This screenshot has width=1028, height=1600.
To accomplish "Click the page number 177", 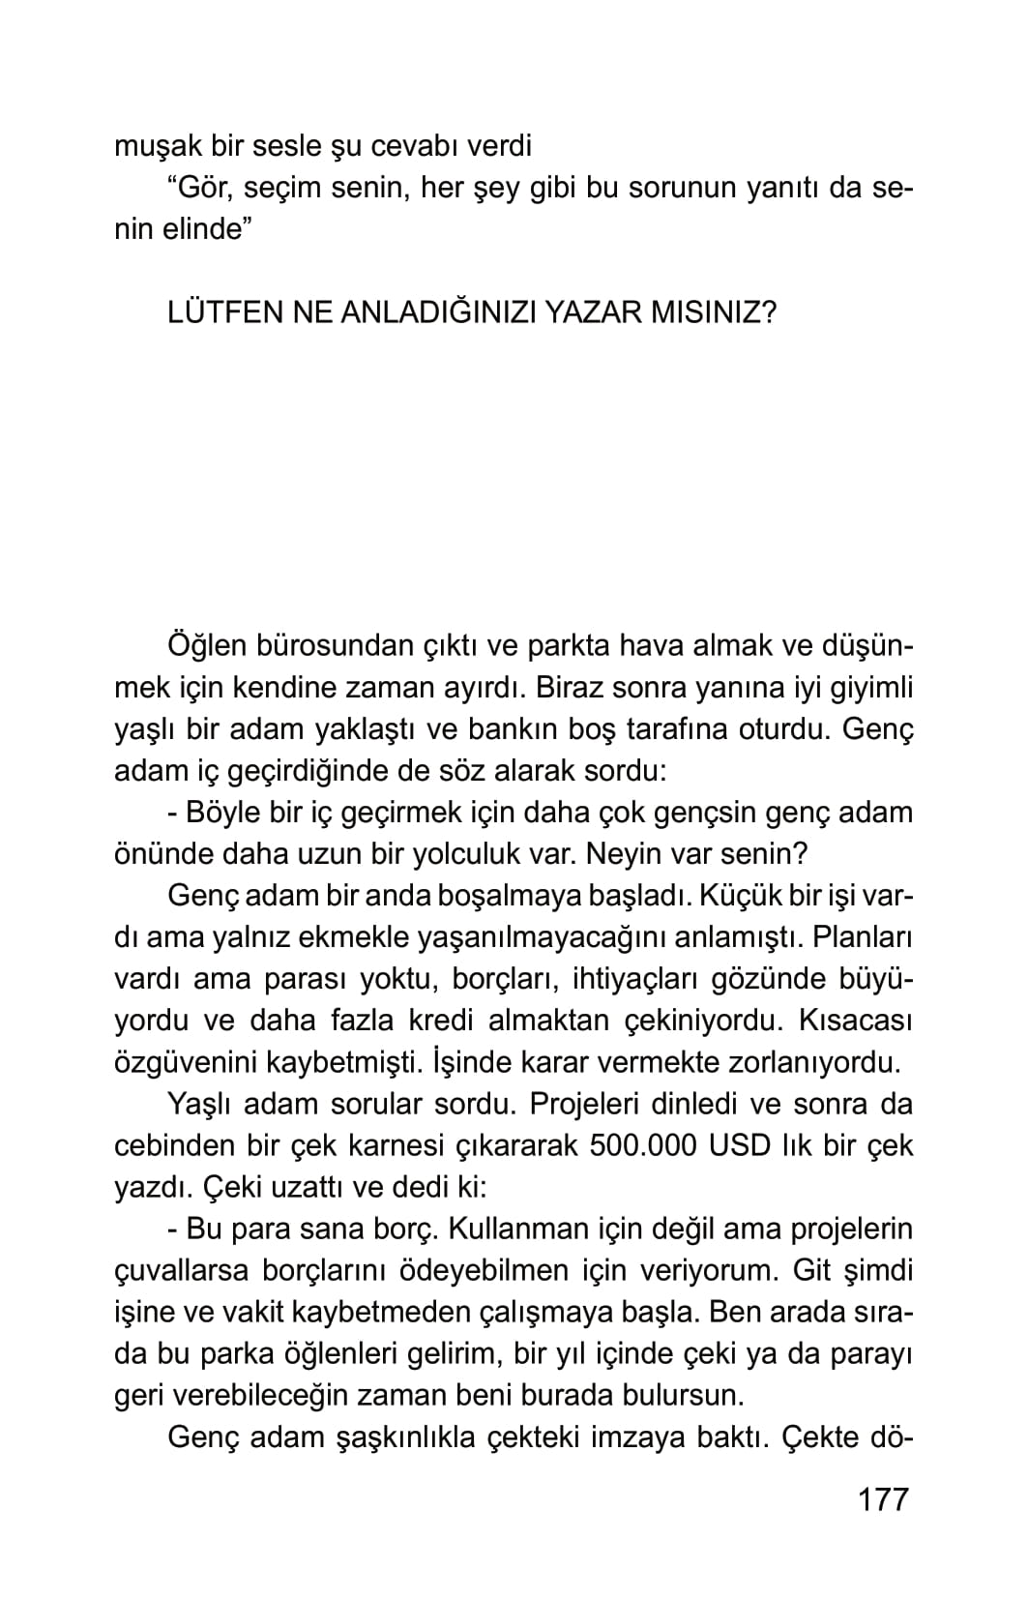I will [x=884, y=1499].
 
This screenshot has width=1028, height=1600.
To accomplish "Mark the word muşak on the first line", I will [x=156, y=146].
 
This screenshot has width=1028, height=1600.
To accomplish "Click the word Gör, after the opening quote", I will [x=209, y=188].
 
